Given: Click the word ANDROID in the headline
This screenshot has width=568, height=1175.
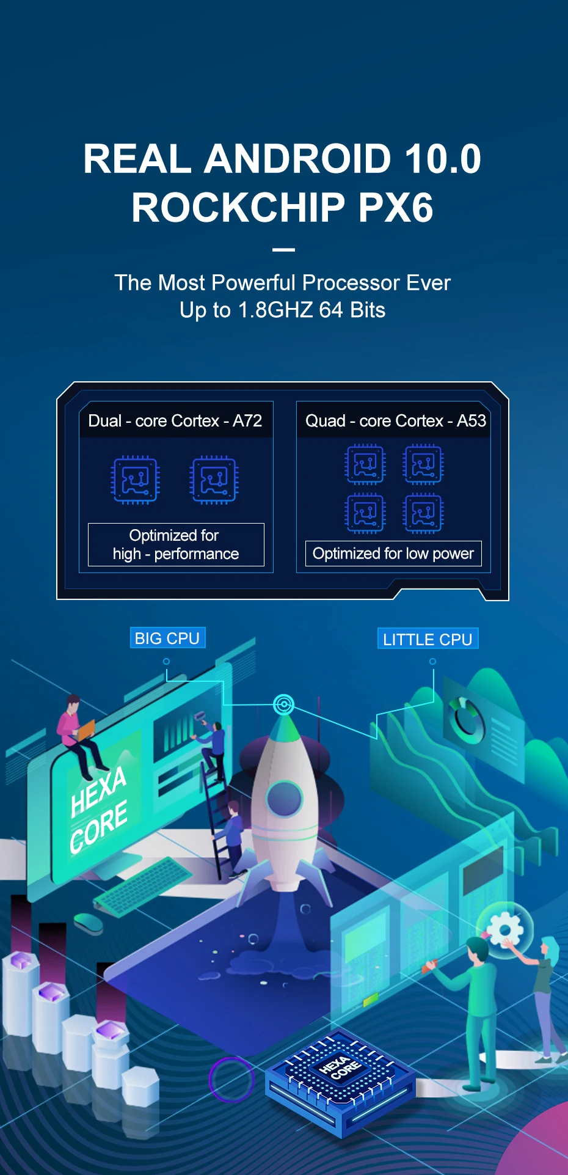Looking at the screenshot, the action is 297,159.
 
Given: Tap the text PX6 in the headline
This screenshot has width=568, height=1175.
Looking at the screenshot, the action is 396,208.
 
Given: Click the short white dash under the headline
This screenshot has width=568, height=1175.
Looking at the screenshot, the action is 283,249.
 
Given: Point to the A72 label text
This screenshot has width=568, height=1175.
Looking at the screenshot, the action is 247,421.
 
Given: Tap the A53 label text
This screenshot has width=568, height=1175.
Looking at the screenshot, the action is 472,421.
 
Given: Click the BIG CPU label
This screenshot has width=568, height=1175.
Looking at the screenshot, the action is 167,639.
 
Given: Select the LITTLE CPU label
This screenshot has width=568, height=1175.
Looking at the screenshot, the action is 428,639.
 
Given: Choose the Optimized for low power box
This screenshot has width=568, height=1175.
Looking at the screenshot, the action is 393,554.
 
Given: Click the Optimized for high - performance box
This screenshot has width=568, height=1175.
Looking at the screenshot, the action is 176,544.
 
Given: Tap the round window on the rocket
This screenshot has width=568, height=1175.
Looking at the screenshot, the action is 285,798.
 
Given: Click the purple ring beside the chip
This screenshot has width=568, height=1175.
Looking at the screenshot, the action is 231,1079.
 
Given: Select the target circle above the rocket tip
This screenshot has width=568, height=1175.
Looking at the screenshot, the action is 283,705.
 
